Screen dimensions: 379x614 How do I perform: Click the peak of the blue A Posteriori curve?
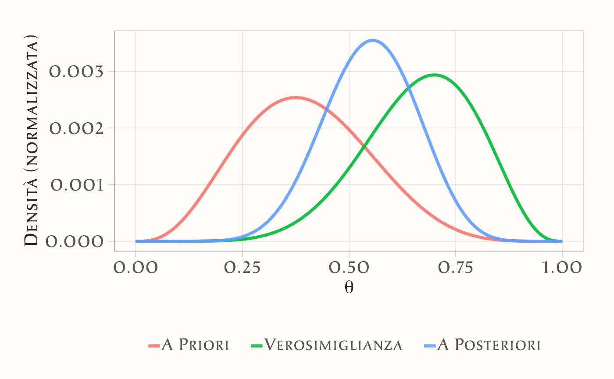373,40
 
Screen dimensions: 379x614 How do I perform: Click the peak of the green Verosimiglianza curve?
434,75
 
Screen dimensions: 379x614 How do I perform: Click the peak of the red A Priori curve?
296,98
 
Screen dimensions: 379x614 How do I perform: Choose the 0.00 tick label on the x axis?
136,268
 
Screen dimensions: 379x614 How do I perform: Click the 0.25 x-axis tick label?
242,268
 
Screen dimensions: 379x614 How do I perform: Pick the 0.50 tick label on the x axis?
349,268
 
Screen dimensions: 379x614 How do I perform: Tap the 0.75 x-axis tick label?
455,268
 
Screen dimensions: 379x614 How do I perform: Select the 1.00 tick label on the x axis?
562,268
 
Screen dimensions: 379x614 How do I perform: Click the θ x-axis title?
349,288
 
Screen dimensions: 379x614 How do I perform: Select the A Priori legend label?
195,345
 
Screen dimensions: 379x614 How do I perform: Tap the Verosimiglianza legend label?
333,345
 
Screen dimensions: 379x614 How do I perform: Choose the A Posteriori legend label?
489,345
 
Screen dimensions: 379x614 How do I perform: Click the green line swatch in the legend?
257,346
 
